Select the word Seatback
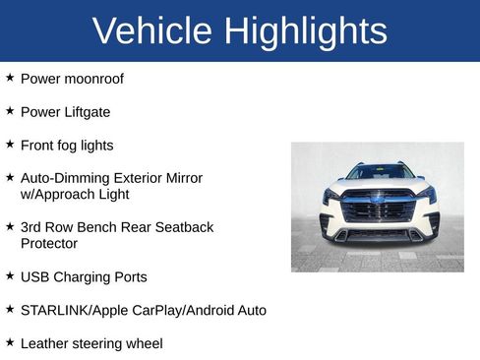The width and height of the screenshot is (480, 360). point(182,227)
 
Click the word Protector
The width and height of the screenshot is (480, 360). point(49,243)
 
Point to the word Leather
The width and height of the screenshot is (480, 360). point(45,343)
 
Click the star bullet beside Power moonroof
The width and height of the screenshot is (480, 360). point(10,77)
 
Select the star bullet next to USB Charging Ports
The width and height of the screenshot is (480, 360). point(10,276)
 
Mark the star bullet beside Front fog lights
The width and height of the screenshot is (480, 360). point(10,144)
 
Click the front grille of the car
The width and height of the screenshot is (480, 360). point(378,209)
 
